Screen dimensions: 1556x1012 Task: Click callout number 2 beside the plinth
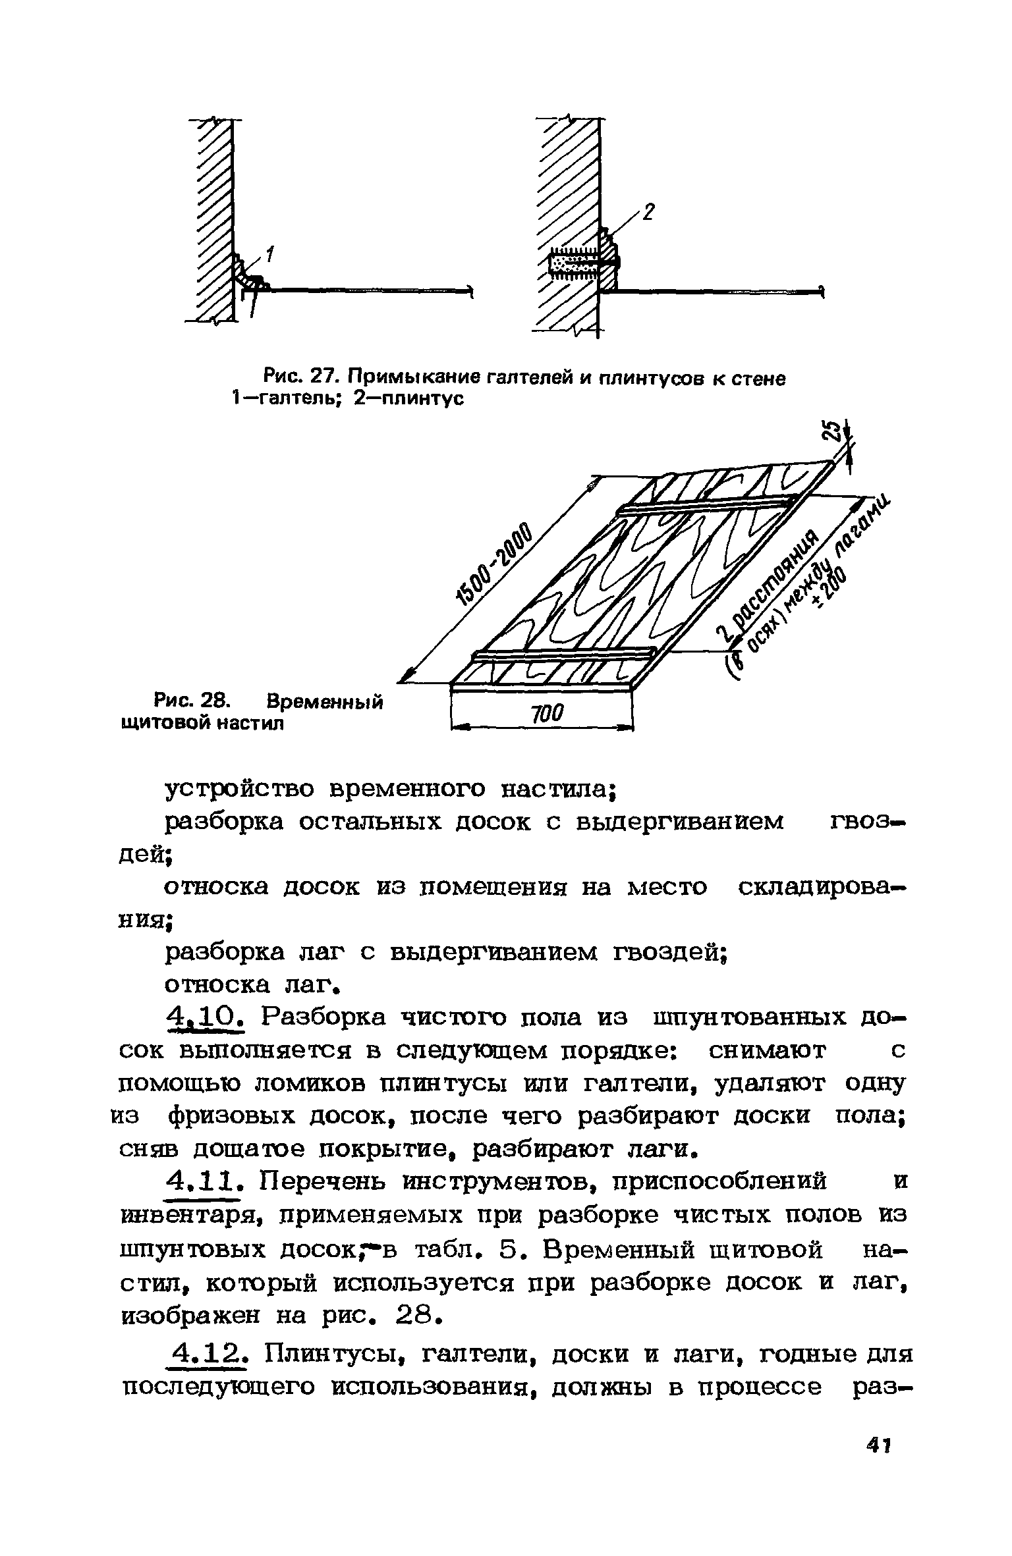coord(648,213)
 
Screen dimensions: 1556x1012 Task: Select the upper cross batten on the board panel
coord(705,506)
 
